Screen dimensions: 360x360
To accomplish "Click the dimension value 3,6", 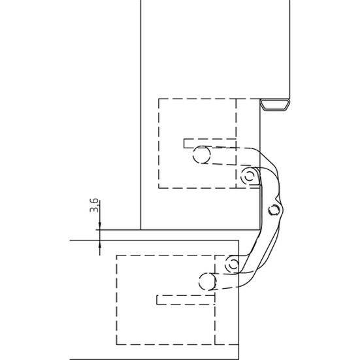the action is (94, 206).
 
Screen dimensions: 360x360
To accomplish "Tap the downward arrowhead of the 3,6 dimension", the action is (100, 225).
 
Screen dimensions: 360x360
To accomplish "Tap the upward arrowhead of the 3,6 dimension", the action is (100, 244).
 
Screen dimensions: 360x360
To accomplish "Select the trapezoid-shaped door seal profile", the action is (275, 105).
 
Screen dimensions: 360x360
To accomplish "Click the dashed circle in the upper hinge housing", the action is (202, 154).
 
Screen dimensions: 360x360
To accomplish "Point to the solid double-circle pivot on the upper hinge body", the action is (249, 176).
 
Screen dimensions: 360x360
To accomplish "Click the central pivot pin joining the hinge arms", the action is (274, 210).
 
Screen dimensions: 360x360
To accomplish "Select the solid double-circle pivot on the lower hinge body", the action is (233, 264).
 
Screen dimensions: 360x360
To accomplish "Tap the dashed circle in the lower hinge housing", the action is (208, 281).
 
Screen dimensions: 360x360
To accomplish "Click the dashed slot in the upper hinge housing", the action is (210, 143).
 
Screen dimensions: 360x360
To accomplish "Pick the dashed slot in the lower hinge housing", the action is (186, 300).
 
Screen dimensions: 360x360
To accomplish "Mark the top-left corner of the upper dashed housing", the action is (159, 99).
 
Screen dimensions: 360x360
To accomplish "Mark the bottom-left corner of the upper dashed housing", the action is (159, 188).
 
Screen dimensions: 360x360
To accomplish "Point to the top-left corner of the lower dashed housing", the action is (117, 255).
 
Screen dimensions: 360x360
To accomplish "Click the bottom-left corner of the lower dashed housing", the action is (117, 344).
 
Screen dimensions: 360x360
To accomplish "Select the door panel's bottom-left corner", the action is (140, 229).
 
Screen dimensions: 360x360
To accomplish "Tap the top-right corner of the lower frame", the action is (238, 240).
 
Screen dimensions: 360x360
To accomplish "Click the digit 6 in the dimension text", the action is (94, 202).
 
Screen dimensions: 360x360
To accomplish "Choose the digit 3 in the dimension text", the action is (94, 210).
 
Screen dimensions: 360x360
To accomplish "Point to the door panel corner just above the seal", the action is (289, 99).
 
